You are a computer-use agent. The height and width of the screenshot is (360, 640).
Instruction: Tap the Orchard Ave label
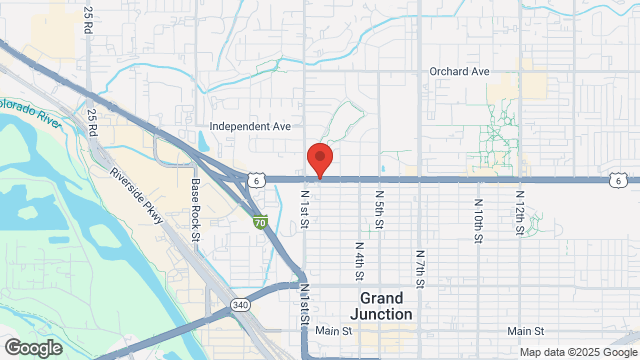(x=459, y=72)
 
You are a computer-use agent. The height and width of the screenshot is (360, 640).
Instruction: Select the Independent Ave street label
(x=249, y=127)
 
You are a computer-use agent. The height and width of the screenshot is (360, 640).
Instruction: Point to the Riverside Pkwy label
(x=135, y=185)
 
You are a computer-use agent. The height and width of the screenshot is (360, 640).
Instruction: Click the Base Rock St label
(x=196, y=202)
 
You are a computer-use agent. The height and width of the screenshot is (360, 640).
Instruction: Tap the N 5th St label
(x=380, y=209)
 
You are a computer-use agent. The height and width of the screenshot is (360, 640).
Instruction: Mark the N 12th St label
(x=520, y=211)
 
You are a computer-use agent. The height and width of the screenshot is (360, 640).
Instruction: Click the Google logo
(x=33, y=348)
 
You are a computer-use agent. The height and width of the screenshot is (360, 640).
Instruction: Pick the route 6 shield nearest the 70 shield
(x=257, y=180)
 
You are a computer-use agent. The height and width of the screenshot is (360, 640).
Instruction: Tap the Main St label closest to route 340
(x=335, y=331)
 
